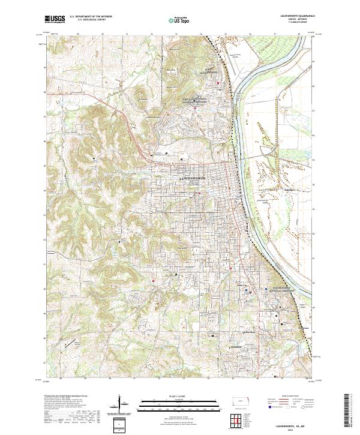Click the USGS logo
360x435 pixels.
(x=55, y=20)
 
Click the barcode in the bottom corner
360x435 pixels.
(x=348, y=410)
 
